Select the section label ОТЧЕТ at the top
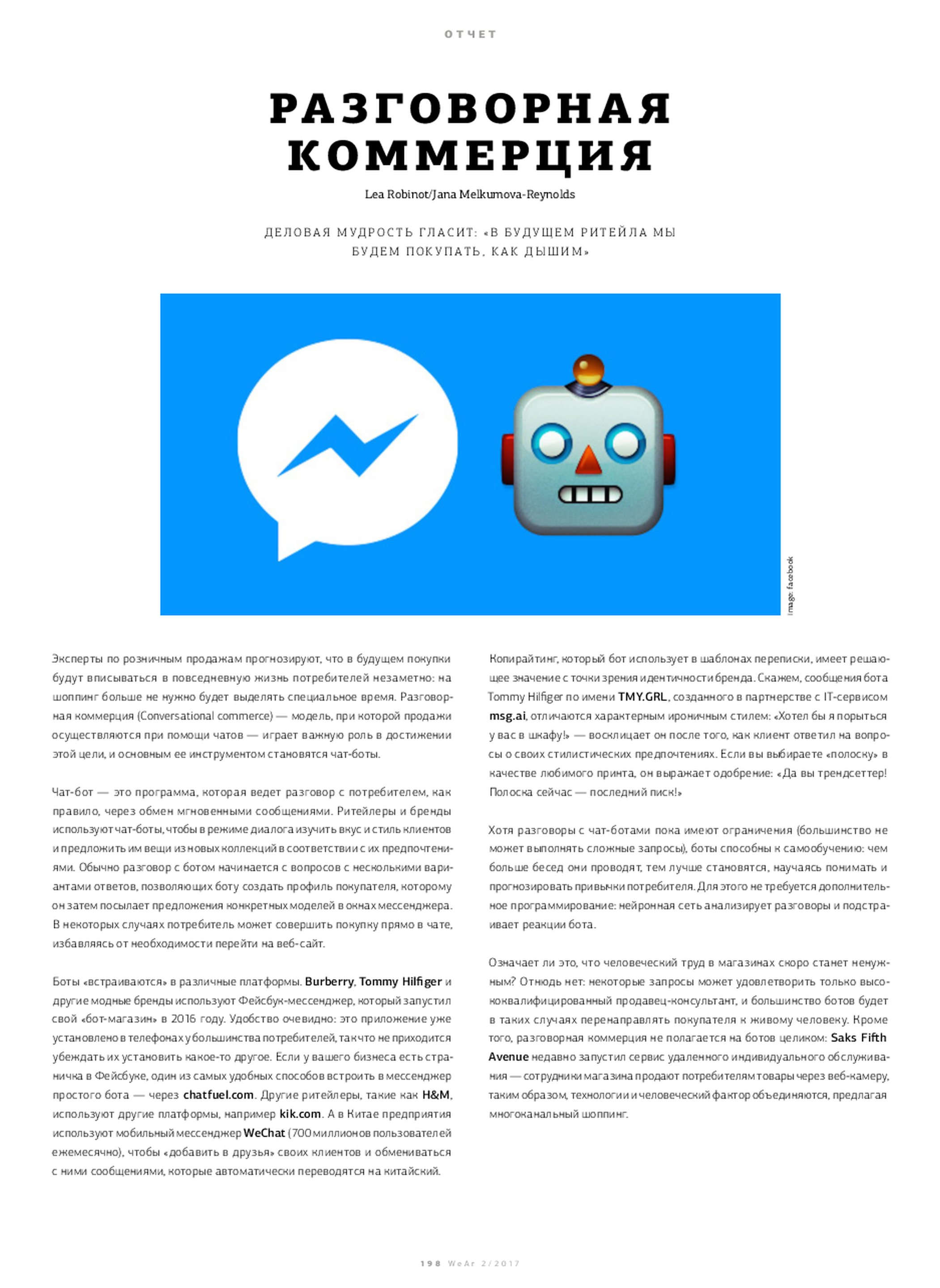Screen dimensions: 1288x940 point(470,34)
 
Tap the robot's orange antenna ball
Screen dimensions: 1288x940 point(588,369)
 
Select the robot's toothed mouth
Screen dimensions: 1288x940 point(590,495)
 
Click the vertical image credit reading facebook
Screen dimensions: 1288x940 point(791,586)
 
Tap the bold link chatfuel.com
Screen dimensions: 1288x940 point(218,1095)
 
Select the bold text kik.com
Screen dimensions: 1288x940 point(300,1114)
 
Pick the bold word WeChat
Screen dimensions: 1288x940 point(264,1133)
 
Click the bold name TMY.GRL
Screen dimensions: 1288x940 point(642,697)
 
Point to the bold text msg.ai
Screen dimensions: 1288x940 point(507,716)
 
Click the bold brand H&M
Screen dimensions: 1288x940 point(436,1095)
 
